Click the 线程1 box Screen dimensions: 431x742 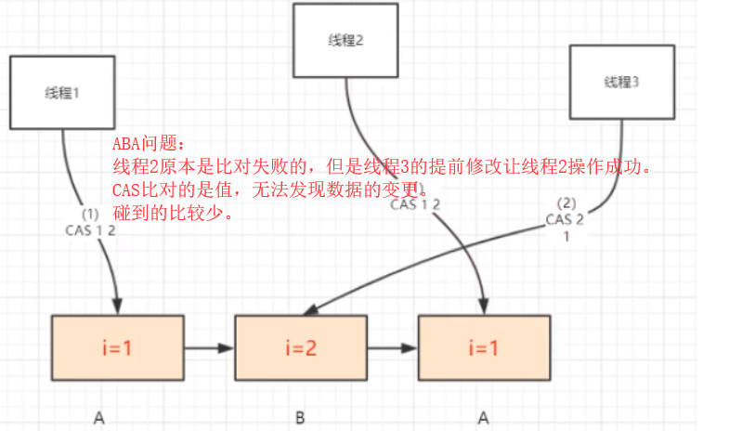[x=62, y=92]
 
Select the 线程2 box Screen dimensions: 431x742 [x=347, y=40]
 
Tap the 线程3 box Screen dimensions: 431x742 [x=621, y=82]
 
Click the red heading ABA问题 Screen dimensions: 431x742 [x=149, y=146]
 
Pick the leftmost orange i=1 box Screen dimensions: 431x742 [x=118, y=349]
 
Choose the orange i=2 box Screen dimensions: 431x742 [x=300, y=349]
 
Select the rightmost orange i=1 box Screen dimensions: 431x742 [x=484, y=349]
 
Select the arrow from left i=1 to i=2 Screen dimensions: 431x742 [x=209, y=349]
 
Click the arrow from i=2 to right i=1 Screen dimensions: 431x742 [x=392, y=349]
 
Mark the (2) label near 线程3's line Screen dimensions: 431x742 [x=566, y=202]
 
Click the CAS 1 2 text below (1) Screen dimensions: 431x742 [x=91, y=229]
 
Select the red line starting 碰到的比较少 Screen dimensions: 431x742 [x=171, y=214]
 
